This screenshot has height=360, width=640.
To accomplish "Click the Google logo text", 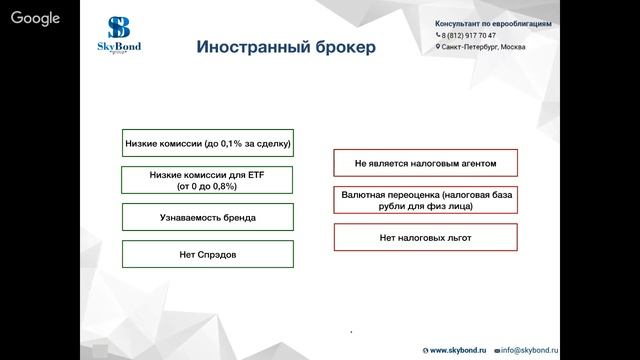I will click(36, 18).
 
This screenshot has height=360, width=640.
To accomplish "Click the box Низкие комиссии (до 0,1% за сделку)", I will click(207, 143).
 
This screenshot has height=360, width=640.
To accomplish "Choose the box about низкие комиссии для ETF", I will click(207, 180).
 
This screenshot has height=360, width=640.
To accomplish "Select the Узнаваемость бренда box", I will click(207, 217).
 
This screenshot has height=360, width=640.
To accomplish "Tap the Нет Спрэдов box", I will click(207, 254).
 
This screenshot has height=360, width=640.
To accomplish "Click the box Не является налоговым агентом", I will click(425, 162).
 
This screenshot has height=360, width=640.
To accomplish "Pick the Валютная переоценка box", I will click(425, 200).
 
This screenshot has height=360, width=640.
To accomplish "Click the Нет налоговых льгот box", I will click(425, 238).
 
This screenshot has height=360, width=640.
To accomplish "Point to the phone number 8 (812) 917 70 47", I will click(470, 35).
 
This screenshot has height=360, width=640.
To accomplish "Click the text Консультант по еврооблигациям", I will click(493, 23).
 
